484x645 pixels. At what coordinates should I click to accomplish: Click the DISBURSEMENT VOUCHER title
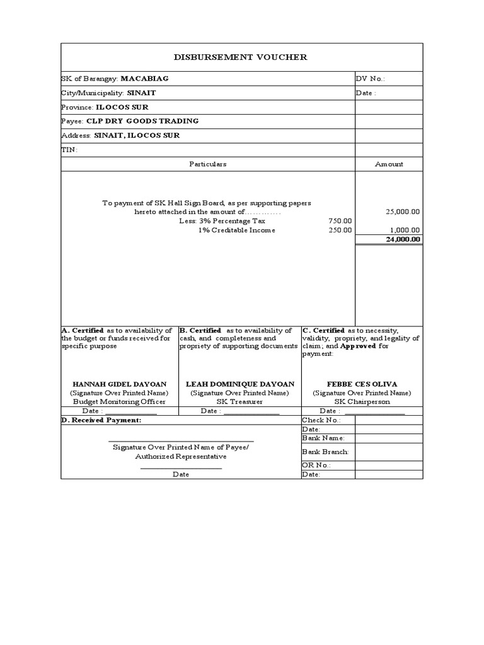(x=241, y=57)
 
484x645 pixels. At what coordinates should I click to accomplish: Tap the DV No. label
(x=370, y=79)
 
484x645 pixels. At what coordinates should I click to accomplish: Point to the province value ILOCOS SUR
(x=122, y=107)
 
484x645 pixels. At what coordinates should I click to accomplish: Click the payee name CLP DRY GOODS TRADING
(x=142, y=121)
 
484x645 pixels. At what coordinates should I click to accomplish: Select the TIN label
(x=69, y=150)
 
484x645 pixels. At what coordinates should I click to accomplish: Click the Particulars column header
(x=207, y=164)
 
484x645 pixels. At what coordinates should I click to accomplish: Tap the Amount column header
(x=389, y=164)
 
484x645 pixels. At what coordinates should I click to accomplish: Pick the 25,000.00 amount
(x=403, y=212)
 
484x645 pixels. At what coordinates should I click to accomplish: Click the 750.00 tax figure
(x=340, y=221)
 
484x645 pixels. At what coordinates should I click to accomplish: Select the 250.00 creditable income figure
(x=340, y=231)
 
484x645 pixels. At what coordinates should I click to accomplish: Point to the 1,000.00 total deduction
(x=405, y=231)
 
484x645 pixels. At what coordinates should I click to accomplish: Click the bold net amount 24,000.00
(x=403, y=239)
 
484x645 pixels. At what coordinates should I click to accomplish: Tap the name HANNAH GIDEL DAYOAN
(x=119, y=384)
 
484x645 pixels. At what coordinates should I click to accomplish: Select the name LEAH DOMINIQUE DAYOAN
(x=239, y=384)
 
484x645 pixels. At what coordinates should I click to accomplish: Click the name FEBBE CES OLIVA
(x=362, y=384)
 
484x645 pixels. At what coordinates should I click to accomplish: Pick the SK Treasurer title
(x=239, y=401)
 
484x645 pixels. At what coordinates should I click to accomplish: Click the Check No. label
(x=321, y=420)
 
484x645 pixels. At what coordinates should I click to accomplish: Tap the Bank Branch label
(x=325, y=452)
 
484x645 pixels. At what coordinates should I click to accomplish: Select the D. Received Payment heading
(x=101, y=420)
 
